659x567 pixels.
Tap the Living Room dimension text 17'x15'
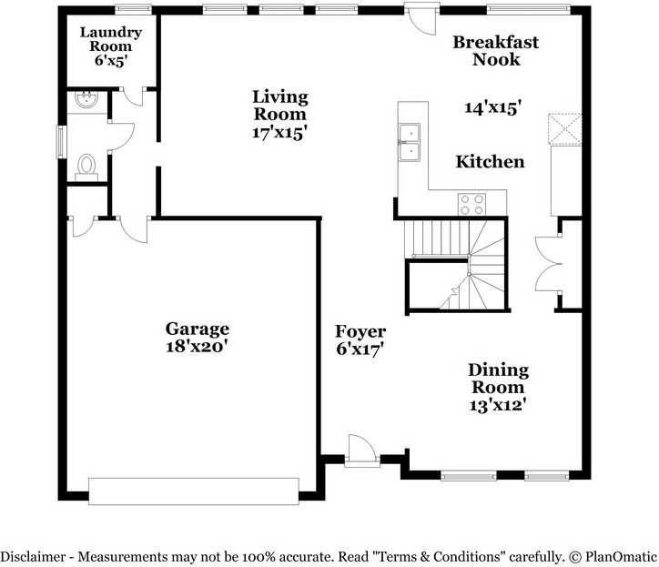tap(279, 132)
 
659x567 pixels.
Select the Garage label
tap(197, 329)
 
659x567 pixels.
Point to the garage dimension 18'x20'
tap(197, 346)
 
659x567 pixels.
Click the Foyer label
tap(360, 331)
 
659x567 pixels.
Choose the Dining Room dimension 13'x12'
tap(498, 405)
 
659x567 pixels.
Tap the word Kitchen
tap(490, 162)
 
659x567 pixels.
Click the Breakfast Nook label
tap(496, 51)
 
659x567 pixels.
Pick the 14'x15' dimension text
tap(492, 107)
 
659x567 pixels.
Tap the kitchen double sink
tap(411, 143)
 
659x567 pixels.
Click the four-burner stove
tap(471, 203)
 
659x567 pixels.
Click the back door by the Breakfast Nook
tap(421, 18)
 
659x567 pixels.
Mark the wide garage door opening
tap(193, 490)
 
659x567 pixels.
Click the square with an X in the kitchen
tap(564, 129)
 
